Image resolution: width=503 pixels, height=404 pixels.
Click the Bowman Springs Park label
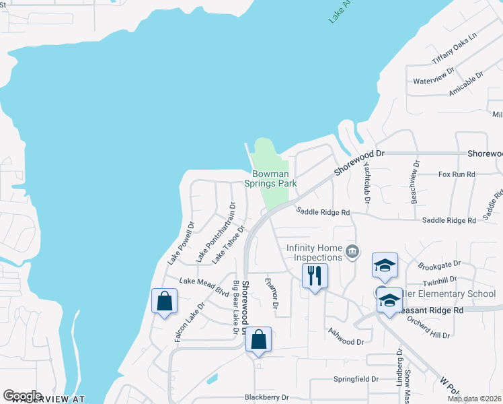(270, 178)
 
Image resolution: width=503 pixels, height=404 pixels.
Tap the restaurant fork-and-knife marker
(314, 275)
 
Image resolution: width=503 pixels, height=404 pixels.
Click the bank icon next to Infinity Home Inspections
(352, 252)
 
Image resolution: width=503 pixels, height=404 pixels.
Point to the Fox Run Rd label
(457, 174)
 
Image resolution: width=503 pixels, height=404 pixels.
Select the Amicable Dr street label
(466, 85)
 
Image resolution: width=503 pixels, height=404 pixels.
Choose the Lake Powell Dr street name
(181, 242)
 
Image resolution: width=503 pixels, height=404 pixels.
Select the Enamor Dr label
(272, 292)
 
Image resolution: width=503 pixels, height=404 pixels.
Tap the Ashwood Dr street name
(346, 337)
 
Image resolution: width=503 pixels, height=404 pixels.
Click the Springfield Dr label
(356, 379)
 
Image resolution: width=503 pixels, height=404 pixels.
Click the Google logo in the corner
(22, 395)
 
